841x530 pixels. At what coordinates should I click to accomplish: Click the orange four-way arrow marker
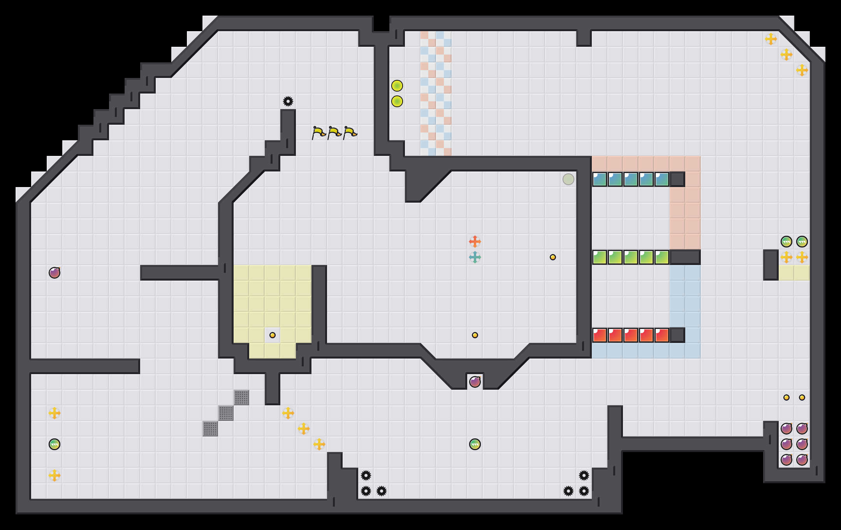[x=475, y=242]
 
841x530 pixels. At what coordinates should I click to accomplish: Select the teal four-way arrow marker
[x=475, y=257]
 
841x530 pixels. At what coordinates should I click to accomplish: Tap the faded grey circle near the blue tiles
[x=568, y=179]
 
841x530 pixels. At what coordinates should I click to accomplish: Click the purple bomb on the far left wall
[x=55, y=273]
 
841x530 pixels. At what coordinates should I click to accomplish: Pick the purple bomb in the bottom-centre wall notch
[x=475, y=382]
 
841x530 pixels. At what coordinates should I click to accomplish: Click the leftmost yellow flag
[x=318, y=133]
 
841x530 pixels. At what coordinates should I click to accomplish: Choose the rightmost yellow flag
[x=350, y=133]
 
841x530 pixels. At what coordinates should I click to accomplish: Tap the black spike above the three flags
[x=288, y=101]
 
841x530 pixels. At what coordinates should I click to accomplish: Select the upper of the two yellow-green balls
[x=397, y=86]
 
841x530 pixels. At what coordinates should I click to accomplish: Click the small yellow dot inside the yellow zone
[x=273, y=335]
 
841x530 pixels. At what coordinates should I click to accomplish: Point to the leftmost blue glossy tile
[x=600, y=179]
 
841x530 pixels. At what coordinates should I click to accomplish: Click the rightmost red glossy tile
[x=662, y=335]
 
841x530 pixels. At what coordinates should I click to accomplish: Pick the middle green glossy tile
[x=631, y=257]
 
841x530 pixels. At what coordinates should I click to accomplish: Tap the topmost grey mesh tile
[x=241, y=397]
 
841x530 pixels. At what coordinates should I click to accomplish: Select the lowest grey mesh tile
[x=210, y=429]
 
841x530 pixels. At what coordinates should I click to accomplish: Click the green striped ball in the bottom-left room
[x=55, y=444]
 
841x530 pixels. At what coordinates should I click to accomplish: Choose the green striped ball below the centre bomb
[x=475, y=444]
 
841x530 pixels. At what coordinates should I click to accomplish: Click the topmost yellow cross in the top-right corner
[x=771, y=39]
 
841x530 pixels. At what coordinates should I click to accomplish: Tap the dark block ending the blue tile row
[x=677, y=179]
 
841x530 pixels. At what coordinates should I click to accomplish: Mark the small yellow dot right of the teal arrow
[x=552, y=257]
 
